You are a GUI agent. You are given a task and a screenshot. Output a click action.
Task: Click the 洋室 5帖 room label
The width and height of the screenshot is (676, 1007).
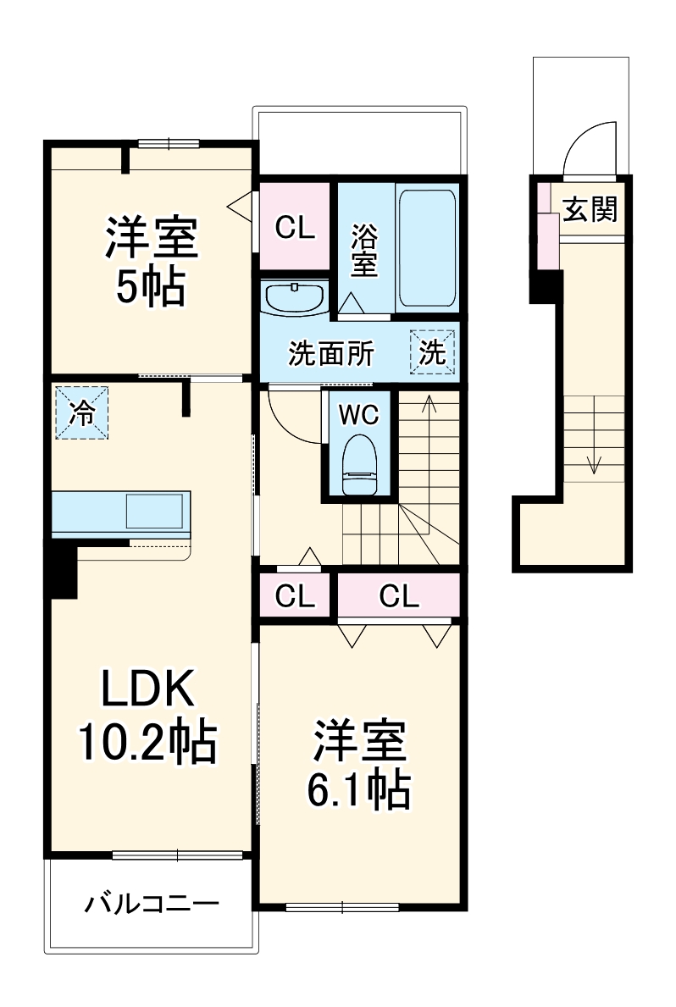[x=151, y=261]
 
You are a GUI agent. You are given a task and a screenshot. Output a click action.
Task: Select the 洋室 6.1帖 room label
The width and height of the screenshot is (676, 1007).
[x=359, y=764]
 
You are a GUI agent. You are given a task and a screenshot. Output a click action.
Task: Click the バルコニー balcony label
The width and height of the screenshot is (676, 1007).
[x=152, y=904]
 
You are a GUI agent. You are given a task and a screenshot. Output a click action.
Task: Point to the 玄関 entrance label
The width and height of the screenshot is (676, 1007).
[x=590, y=209]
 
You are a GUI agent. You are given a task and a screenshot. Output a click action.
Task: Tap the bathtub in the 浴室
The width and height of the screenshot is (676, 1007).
[x=427, y=248]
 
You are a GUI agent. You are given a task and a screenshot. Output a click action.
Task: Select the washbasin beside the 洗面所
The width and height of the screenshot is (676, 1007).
[x=294, y=299]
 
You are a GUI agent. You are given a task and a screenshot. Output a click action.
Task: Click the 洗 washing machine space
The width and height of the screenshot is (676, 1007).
[x=433, y=352]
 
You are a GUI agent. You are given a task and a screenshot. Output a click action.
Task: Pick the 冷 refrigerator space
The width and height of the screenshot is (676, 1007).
[x=82, y=412]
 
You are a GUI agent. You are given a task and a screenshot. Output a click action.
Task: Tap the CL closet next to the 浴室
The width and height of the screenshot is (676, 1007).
[x=295, y=227]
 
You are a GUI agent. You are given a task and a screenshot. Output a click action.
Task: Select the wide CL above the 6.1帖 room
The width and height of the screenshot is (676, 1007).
[x=399, y=596]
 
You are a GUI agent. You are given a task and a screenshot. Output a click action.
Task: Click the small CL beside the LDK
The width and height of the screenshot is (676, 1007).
[x=295, y=596]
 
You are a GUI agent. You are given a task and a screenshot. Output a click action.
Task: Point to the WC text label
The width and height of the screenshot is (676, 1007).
[x=358, y=415]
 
